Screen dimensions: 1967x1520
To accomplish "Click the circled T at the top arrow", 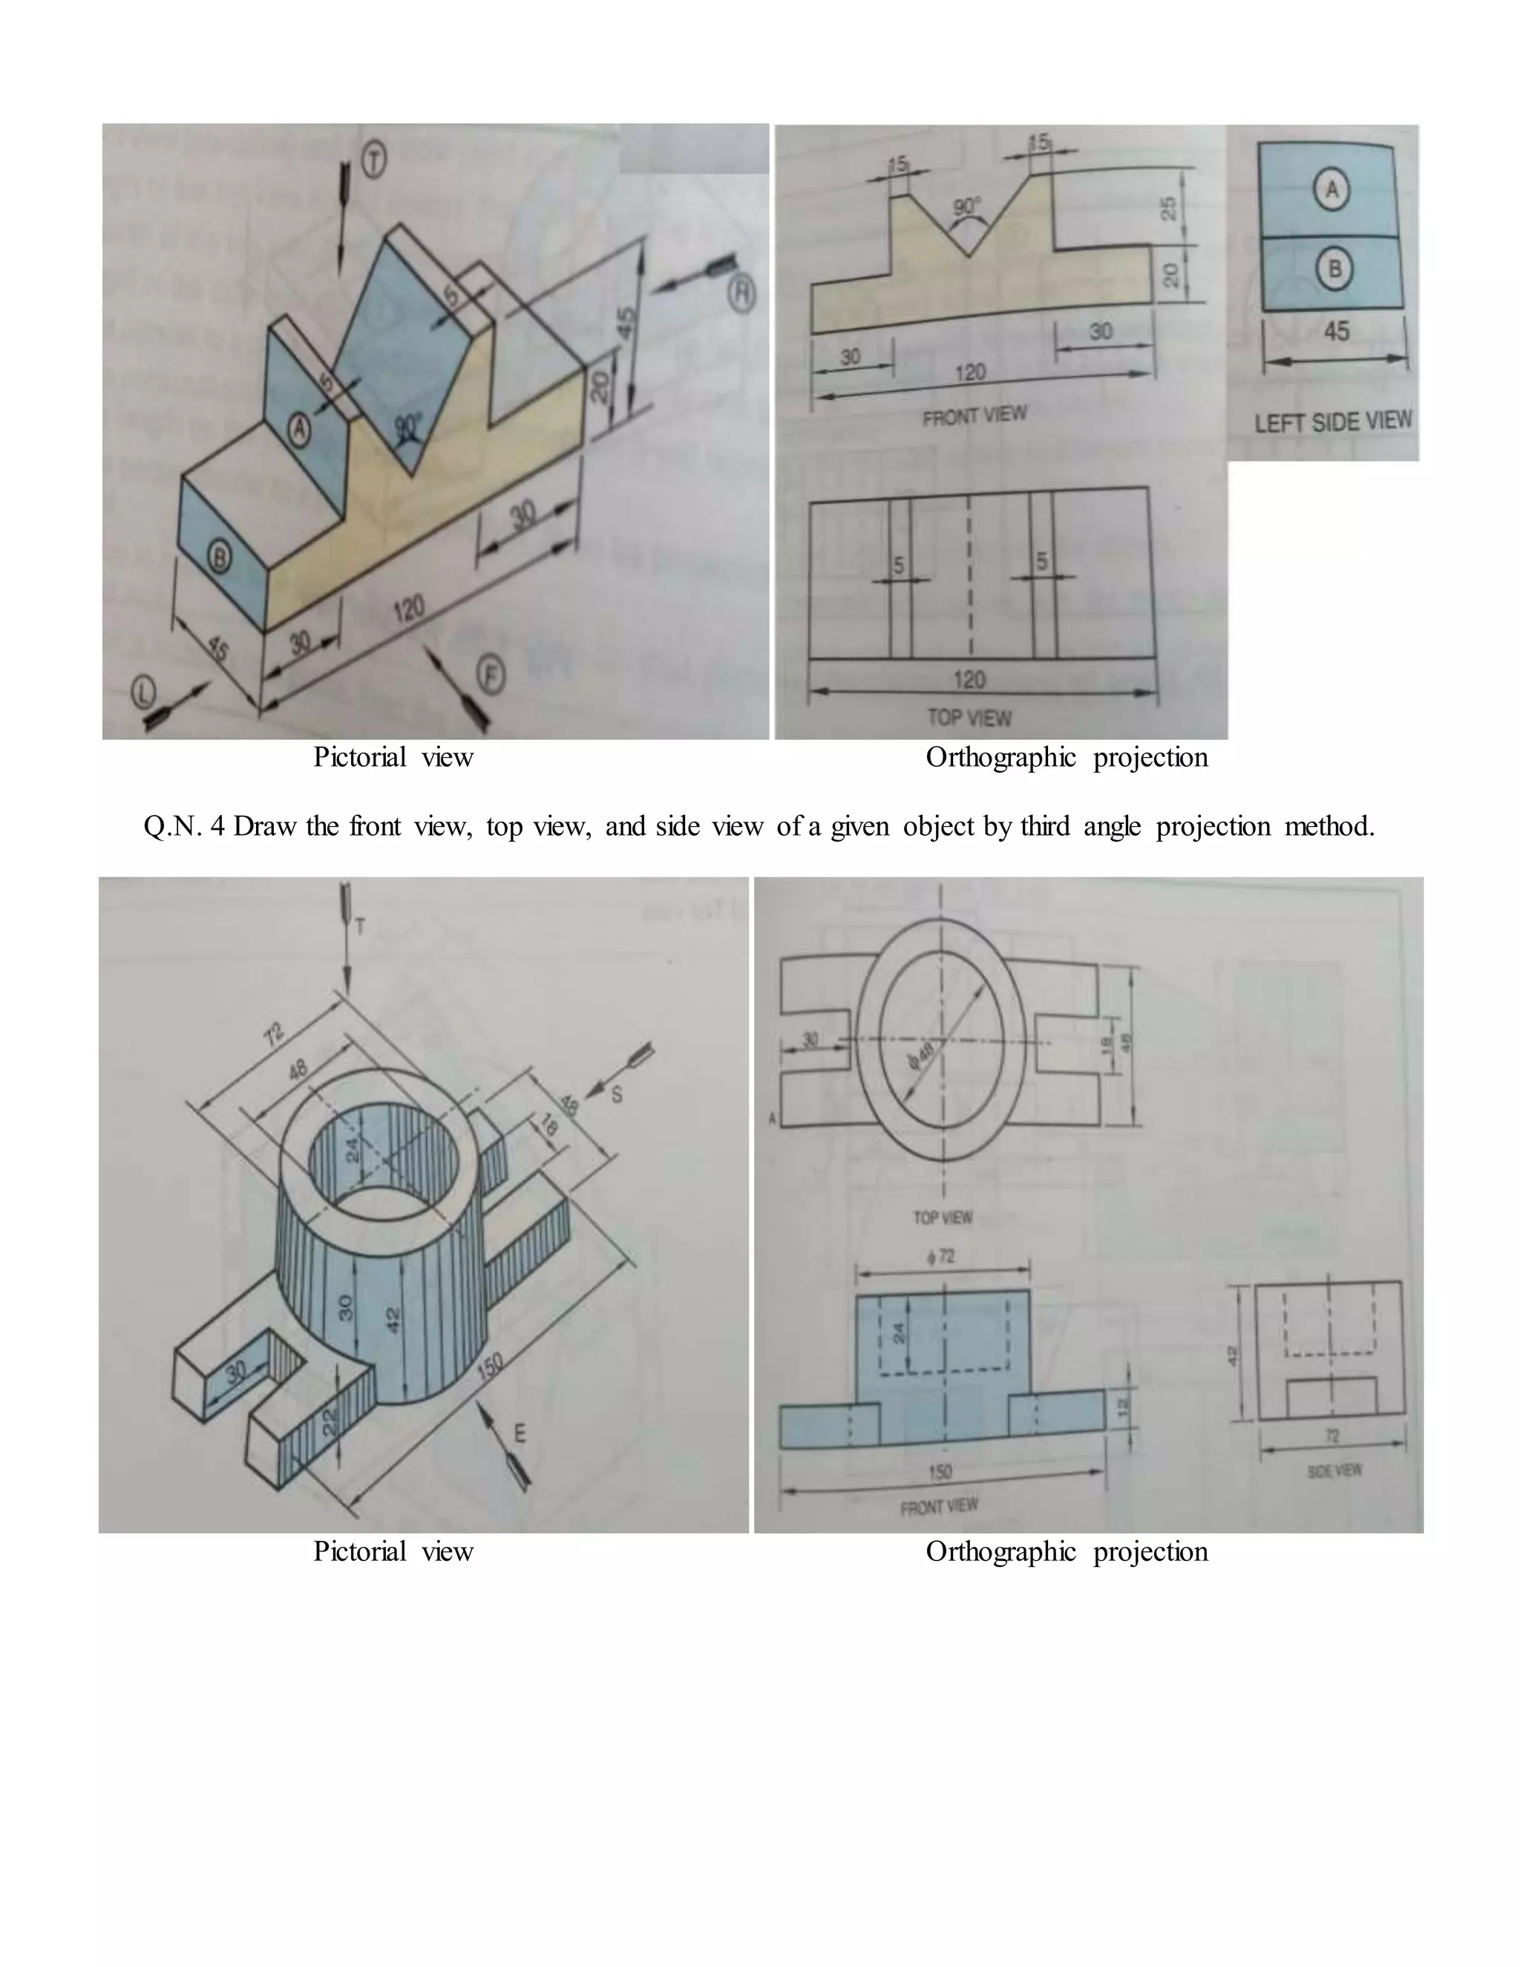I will click(x=374, y=161).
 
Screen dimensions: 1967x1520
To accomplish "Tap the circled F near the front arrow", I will click(x=490, y=675).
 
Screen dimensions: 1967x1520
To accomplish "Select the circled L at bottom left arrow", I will click(x=143, y=692).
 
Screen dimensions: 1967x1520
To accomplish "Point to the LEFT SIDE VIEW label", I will click(x=1333, y=422).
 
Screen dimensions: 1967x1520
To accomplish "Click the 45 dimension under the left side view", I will click(x=1336, y=332).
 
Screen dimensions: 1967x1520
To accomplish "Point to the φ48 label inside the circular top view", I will click(x=922, y=1052).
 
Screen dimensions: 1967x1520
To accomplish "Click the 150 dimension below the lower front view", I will click(x=940, y=1472).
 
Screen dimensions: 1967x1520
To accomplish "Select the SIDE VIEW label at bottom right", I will click(x=1334, y=1470).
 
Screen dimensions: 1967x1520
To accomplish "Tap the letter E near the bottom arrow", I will click(x=520, y=1433).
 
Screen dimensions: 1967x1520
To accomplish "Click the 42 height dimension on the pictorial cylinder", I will click(x=393, y=1320).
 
